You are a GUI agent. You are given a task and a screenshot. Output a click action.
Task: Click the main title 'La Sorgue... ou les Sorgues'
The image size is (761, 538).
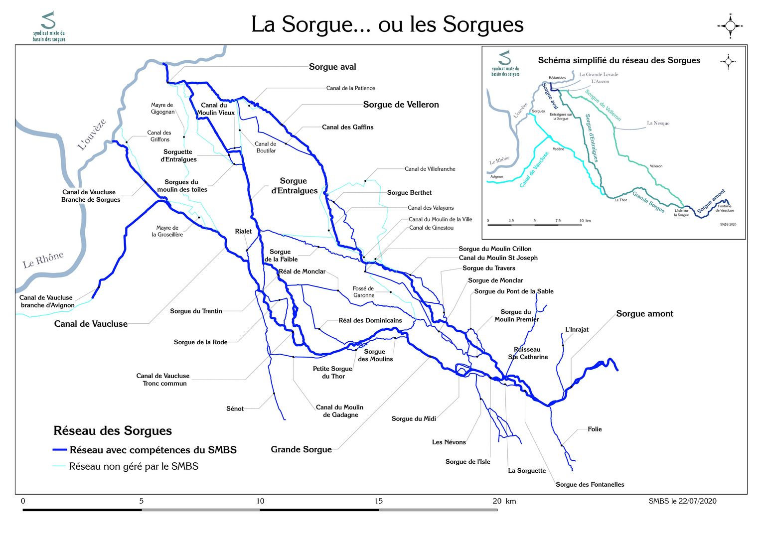[387, 24]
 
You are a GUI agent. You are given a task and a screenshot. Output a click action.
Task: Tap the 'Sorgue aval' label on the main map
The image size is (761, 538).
[332, 67]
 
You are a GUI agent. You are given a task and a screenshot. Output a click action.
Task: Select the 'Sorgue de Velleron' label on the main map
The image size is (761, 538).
[401, 105]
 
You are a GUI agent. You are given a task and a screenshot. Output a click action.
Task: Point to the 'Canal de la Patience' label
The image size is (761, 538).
[350, 88]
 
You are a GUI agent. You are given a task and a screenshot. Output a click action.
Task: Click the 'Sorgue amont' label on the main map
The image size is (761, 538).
[644, 314]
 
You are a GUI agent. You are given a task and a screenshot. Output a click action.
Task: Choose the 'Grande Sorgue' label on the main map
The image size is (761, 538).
[301, 449]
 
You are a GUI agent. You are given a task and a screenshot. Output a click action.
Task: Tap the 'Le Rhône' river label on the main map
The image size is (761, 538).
[43, 260]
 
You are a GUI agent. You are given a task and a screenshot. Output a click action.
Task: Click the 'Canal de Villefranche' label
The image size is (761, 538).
[430, 169]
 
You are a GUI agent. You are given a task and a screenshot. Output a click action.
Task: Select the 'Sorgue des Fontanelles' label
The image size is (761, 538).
[590, 484]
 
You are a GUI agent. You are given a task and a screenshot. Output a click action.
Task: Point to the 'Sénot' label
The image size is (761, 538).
[235, 408]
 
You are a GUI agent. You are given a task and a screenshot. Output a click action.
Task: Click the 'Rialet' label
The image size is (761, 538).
[243, 231]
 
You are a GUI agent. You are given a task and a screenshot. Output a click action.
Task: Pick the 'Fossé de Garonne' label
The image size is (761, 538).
[363, 292]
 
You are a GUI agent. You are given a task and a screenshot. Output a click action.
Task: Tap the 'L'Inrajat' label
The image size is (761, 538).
[577, 329]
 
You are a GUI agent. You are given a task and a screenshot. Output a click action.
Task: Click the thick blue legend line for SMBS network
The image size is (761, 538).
[59, 450]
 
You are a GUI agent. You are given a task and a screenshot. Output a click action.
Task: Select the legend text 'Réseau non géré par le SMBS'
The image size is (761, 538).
[134, 467]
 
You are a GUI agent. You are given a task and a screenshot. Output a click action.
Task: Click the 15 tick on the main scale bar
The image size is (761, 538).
[379, 501]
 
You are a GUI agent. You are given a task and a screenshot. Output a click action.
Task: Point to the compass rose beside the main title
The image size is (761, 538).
[730, 26]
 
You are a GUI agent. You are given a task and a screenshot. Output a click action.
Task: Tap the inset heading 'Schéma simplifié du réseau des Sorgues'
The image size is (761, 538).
[619, 60]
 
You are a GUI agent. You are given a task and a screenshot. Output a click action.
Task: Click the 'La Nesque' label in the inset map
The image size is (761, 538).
[658, 123]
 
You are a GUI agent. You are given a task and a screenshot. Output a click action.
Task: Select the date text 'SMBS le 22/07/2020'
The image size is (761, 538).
[682, 501]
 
